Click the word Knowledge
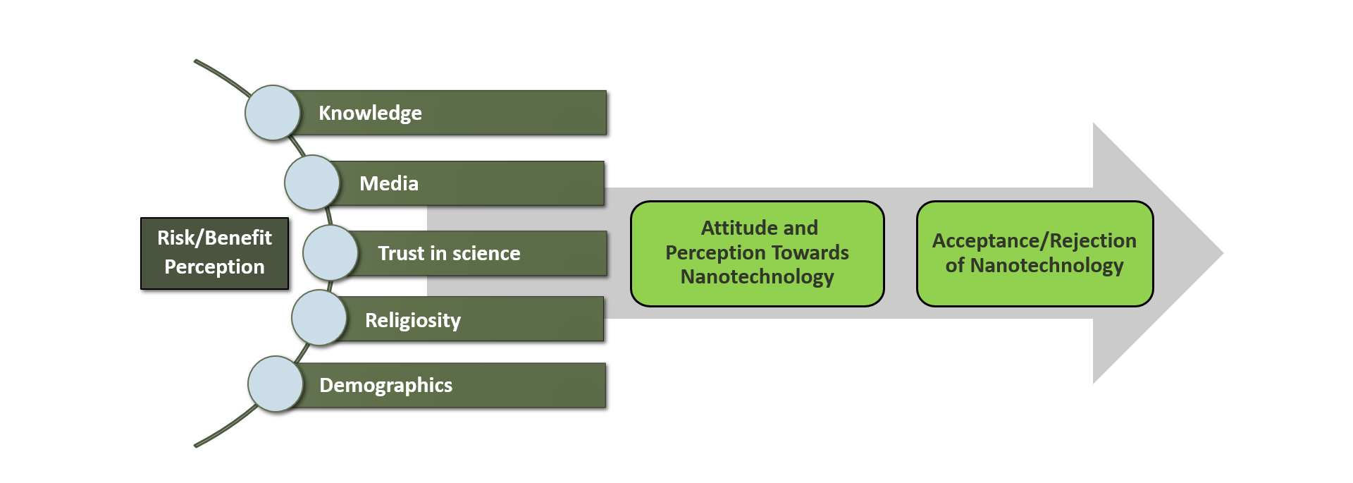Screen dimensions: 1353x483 pyautogui.click(x=370, y=114)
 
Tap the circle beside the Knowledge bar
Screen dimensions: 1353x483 pyautogui.click(x=273, y=113)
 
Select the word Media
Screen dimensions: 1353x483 pyautogui.click(x=389, y=183)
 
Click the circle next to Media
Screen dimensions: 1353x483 pyautogui.click(x=312, y=183)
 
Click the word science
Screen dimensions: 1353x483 pyautogui.click(x=486, y=253)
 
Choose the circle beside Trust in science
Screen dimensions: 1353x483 pyautogui.click(x=330, y=252)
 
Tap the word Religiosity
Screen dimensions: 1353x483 pyautogui.click(x=413, y=321)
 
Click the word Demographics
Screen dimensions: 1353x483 pyautogui.click(x=386, y=386)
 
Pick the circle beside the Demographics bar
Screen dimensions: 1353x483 pyautogui.click(x=276, y=384)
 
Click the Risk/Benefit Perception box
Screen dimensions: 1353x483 pyautogui.click(x=215, y=253)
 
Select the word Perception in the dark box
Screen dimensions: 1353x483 pyautogui.click(x=215, y=267)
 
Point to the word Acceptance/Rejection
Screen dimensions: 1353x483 pyautogui.click(x=1034, y=241)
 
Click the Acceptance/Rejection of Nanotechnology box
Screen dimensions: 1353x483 pyautogui.click(x=1034, y=254)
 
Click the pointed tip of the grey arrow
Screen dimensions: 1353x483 pyautogui.click(x=1223, y=253)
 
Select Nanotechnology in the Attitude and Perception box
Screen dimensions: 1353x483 pyautogui.click(x=758, y=277)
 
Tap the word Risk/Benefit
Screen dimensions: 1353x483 pyautogui.click(x=215, y=238)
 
